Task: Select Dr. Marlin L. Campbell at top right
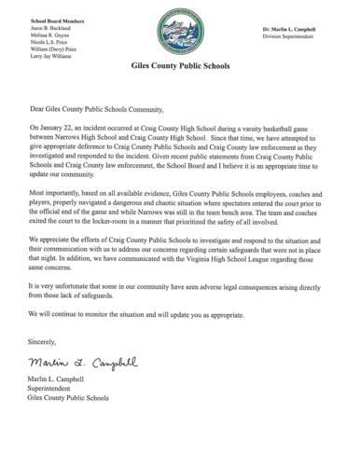coord(298,30)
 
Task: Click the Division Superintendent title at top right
coord(298,38)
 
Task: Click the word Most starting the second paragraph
coord(38,215)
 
